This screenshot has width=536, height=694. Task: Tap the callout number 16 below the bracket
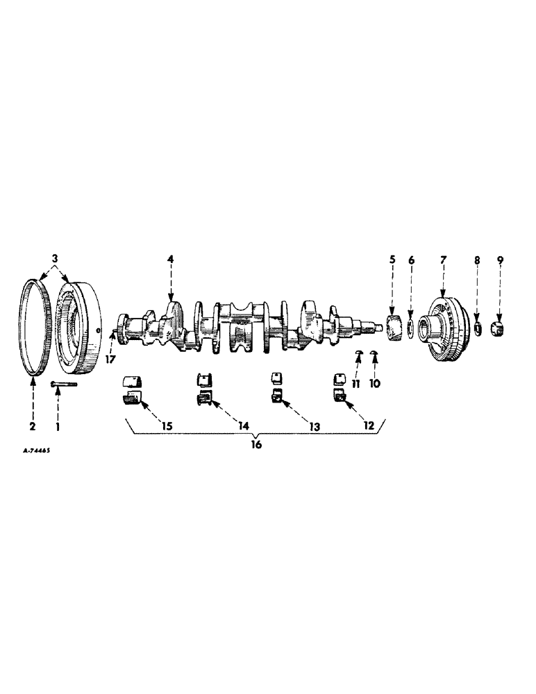coord(256,445)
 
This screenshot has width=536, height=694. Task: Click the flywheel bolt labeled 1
coord(64,383)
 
